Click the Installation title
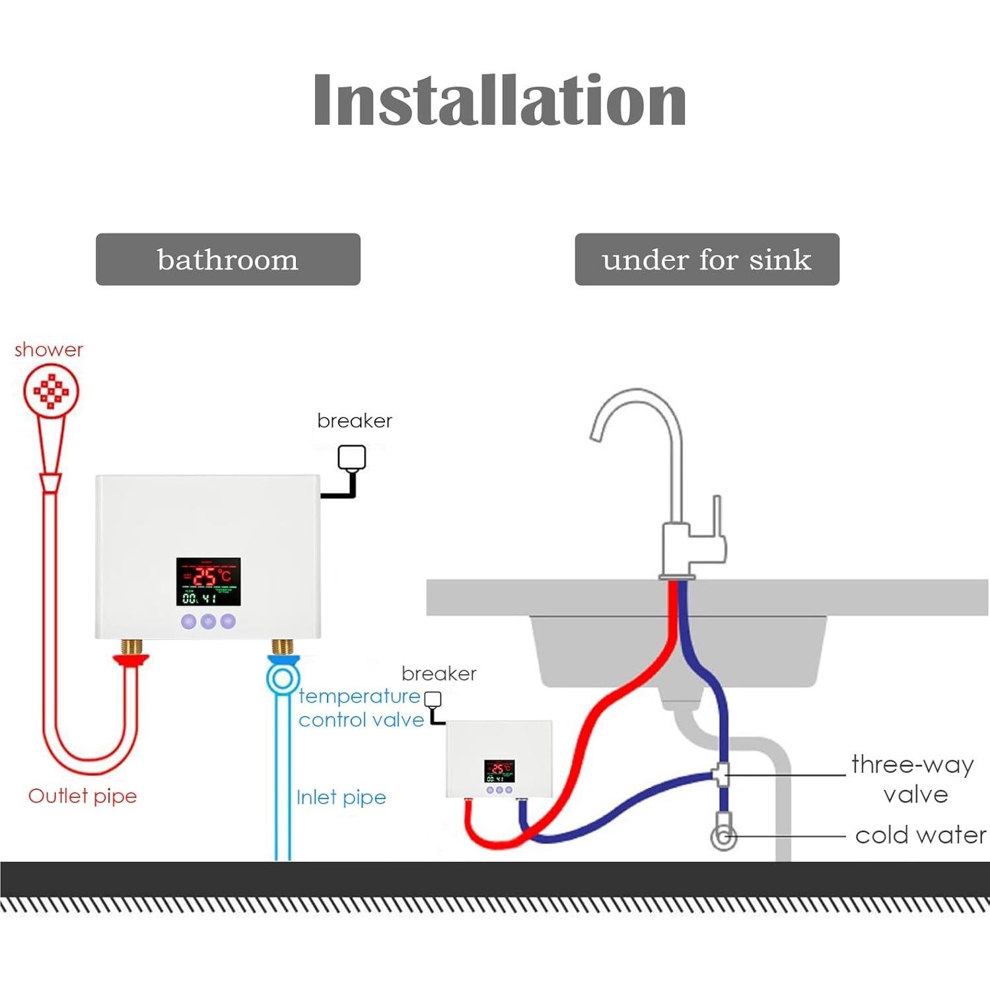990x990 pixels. point(499,100)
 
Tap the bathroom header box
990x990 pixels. point(228,260)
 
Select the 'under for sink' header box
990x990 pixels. point(707,260)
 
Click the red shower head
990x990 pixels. point(52,391)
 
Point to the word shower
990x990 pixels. point(49,349)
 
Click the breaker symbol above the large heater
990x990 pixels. point(351,458)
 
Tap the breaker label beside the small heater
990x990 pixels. point(439,674)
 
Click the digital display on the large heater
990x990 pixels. point(208,582)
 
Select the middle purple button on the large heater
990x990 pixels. point(208,621)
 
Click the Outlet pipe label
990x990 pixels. point(83,796)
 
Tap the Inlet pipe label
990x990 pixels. point(341,797)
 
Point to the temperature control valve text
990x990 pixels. point(361,708)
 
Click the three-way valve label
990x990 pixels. point(913,779)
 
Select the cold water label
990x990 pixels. point(921,835)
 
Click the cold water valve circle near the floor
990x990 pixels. point(724,837)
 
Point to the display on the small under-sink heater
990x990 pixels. point(499,771)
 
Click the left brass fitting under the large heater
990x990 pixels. point(133,646)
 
